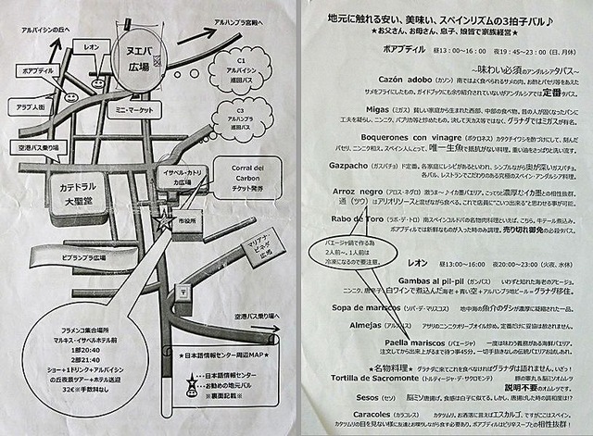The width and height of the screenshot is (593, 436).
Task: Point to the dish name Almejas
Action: point(358,326)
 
